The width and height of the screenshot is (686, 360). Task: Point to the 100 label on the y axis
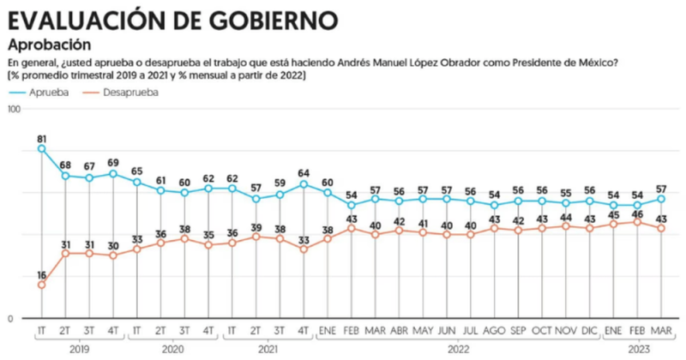pyautogui.click(x=13, y=110)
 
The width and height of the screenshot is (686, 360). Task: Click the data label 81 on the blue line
pyautogui.click(x=41, y=137)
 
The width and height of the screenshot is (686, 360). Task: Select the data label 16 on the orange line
pyautogui.click(x=41, y=273)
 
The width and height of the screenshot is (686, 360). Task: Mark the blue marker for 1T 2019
pyautogui.click(x=41, y=148)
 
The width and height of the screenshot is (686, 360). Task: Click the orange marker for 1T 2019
pyautogui.click(x=41, y=285)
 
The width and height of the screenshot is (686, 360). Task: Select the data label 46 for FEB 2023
pyautogui.click(x=636, y=211)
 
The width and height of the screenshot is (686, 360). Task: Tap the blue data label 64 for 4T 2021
pyautogui.click(x=304, y=173)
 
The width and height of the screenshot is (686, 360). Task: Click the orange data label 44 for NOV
pyautogui.click(x=565, y=216)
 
